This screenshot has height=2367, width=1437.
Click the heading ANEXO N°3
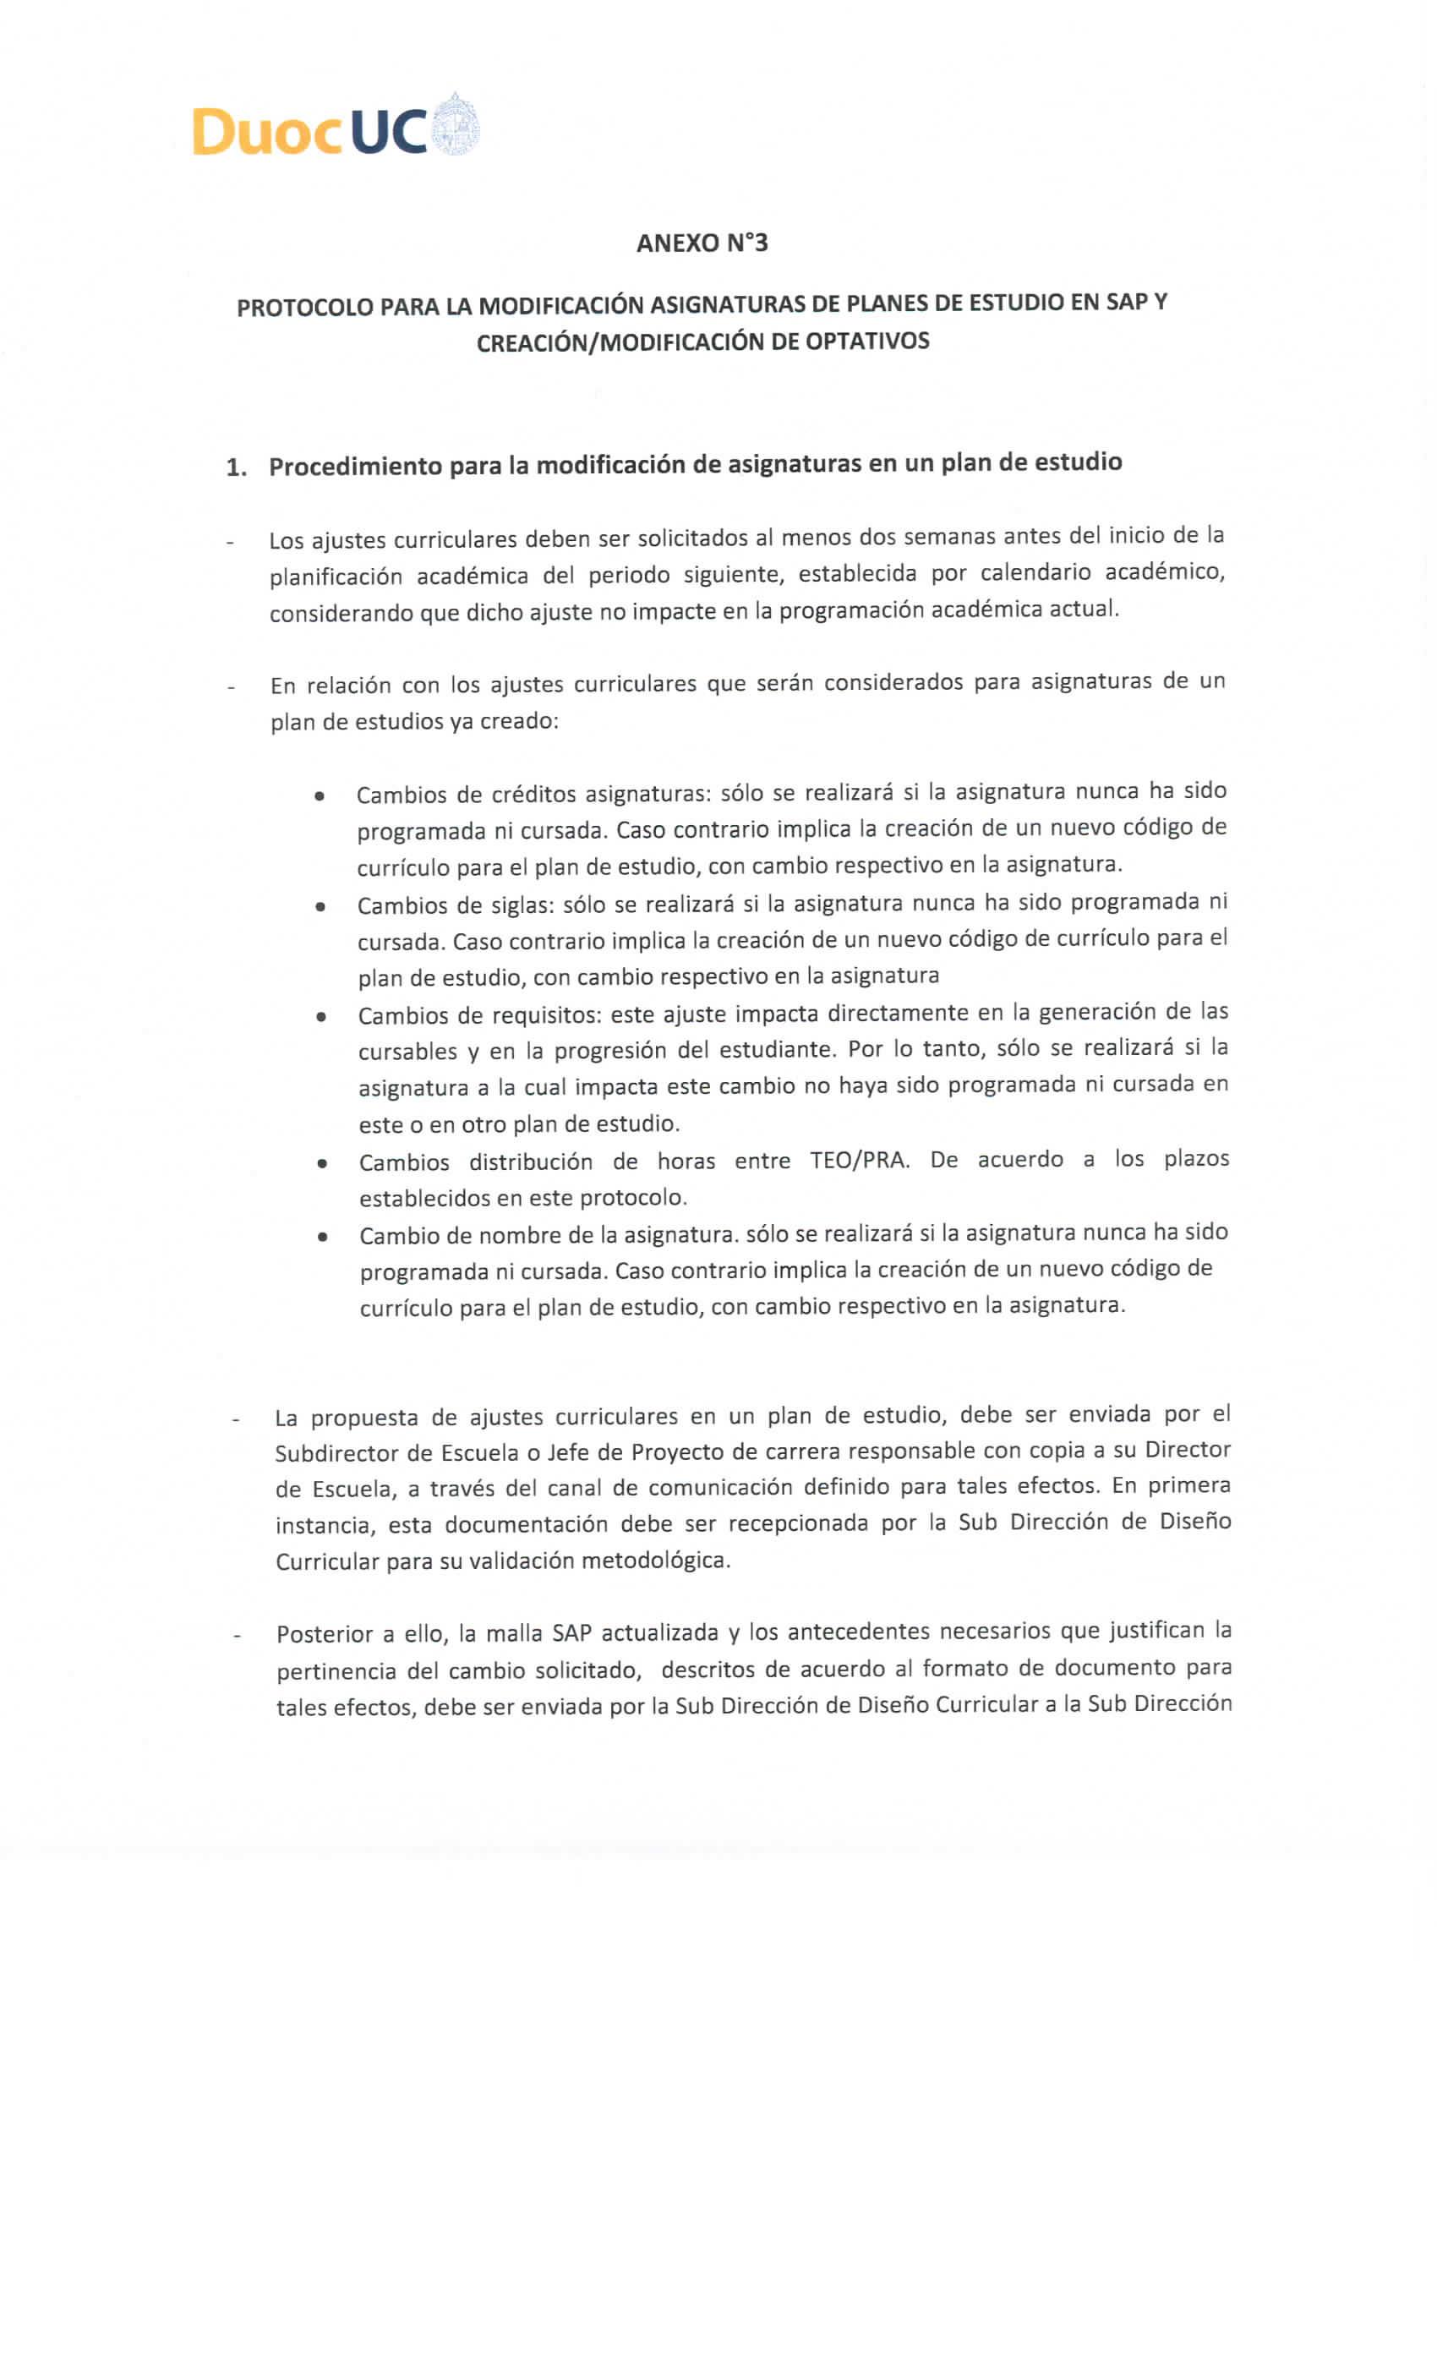tap(702, 243)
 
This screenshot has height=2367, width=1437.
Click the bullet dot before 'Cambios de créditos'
tap(318, 796)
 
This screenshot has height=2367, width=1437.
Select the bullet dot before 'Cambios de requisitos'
tap(320, 1016)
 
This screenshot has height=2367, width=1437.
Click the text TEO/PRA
tap(859, 1161)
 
